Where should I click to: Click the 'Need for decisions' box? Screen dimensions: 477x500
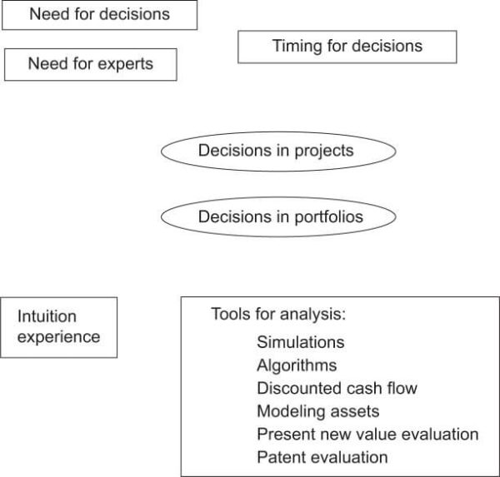coord(100,15)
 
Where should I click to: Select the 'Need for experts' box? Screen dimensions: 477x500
coord(91,64)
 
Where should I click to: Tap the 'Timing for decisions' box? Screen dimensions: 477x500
coord(347,46)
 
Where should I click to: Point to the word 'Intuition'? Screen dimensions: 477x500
coord(47,316)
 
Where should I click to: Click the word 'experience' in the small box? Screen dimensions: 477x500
coord(59,336)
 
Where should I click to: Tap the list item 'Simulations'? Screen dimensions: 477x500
coord(300,342)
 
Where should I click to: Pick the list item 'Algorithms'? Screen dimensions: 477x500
coord(297,365)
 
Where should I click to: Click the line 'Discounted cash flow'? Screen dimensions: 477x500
coord(337,388)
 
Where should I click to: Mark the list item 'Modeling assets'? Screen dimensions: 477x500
coord(317,411)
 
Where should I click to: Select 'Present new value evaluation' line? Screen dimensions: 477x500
coord(367,434)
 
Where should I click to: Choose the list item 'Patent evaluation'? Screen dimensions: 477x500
coord(322,457)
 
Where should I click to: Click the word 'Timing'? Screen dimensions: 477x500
coord(297,46)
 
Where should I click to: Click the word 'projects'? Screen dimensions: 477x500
coord(322,151)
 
